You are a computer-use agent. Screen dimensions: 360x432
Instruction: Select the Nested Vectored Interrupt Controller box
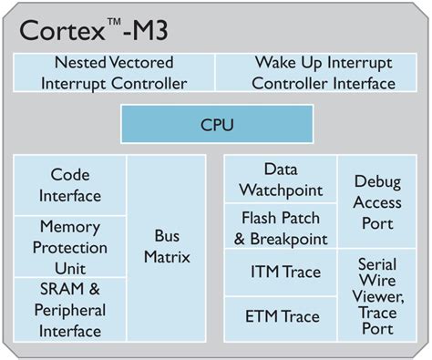[x=115, y=74]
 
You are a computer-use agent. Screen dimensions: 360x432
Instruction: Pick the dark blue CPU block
[x=215, y=122]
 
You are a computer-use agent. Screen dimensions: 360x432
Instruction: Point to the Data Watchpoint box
[x=281, y=179]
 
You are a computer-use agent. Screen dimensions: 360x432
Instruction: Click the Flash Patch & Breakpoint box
[x=281, y=228]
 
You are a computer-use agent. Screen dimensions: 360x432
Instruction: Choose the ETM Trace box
[x=281, y=317]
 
